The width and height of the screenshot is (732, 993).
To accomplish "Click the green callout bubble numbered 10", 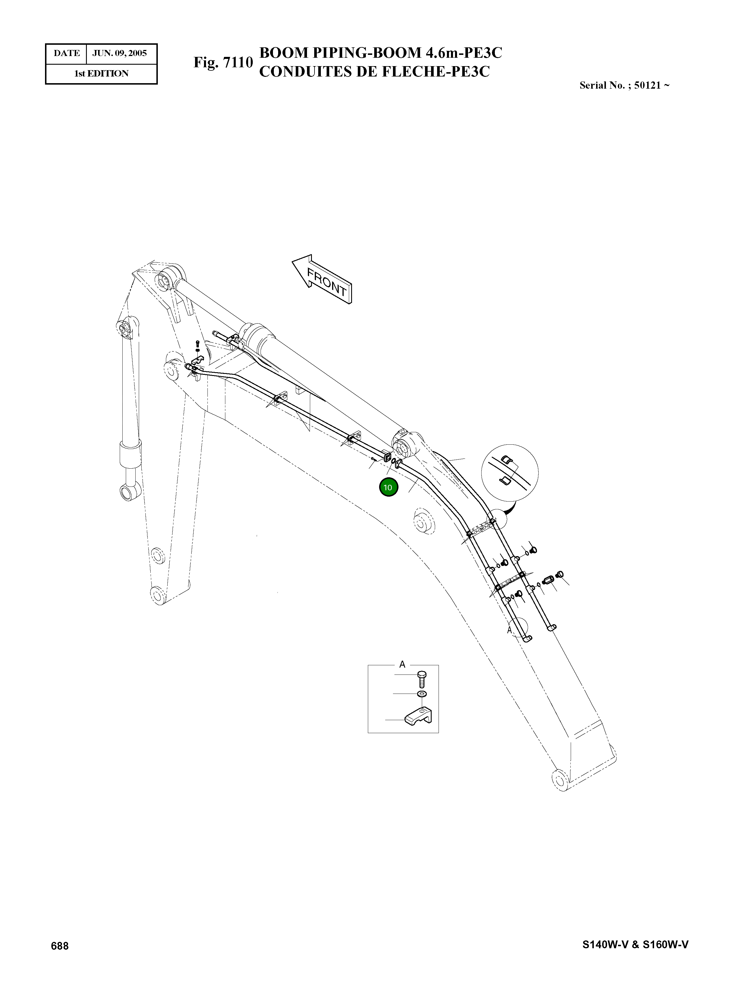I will click(x=389, y=487).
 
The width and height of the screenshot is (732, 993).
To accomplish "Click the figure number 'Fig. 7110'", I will click(x=223, y=62).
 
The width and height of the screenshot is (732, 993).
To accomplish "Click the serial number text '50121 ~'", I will click(x=652, y=85).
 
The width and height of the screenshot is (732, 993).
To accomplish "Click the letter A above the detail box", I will click(x=402, y=664).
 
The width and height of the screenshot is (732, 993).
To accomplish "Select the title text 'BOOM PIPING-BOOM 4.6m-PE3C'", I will click(x=380, y=53).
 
